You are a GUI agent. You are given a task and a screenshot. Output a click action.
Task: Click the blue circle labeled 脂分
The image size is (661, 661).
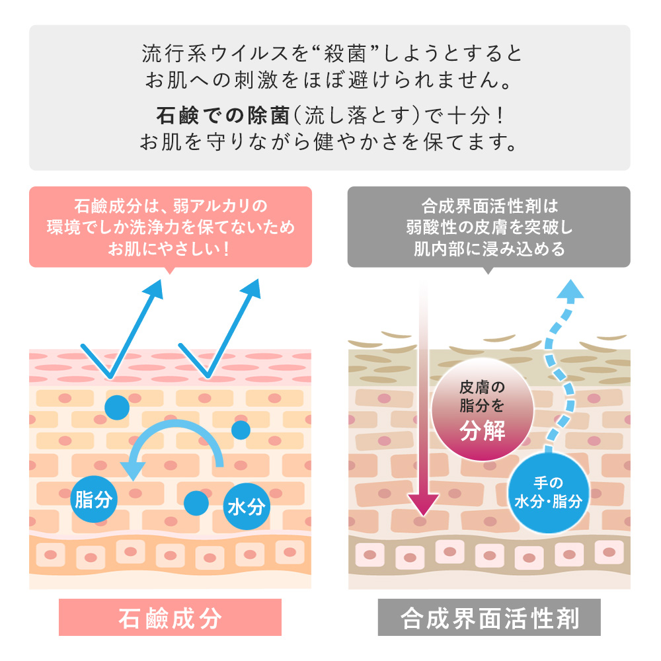click(94, 499)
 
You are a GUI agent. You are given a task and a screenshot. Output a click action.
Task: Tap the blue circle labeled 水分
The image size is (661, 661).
click(246, 506)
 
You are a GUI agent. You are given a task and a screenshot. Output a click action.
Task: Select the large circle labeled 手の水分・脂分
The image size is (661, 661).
click(548, 492)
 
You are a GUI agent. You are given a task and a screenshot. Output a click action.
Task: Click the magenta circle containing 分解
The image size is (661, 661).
click(483, 409)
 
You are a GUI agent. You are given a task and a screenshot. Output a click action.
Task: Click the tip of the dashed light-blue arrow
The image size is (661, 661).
click(570, 280)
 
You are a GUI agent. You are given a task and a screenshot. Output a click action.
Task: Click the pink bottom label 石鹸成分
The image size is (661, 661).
click(171, 617)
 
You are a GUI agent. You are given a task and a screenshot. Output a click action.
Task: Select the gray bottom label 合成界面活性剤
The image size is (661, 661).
click(489, 617)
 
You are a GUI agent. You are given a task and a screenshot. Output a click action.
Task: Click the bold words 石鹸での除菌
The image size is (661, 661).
click(223, 116)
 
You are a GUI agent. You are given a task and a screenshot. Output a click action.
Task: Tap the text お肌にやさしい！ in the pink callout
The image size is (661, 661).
click(169, 249)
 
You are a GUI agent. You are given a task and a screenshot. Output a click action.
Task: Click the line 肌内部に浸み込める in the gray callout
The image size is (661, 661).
click(489, 249)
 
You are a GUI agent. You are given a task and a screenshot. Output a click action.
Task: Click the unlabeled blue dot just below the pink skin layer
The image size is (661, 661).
click(117, 407)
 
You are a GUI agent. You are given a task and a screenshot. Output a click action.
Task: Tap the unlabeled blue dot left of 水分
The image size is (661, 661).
click(196, 503)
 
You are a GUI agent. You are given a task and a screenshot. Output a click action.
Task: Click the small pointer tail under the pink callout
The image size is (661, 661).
click(170, 270)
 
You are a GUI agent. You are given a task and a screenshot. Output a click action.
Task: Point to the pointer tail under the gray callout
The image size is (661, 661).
click(488, 270)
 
